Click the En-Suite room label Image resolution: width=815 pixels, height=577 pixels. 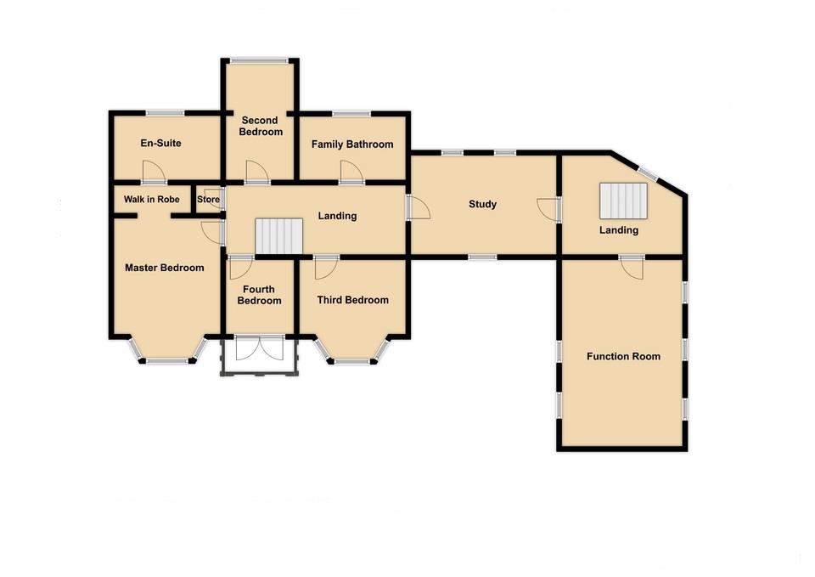[x=160, y=144]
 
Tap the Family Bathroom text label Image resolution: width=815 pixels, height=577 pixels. [x=351, y=144]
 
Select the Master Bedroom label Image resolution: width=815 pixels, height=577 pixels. [x=164, y=268]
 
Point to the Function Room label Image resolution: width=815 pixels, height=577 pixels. [x=623, y=356]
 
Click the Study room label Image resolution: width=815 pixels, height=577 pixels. [x=482, y=204]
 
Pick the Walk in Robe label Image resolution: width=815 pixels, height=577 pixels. [x=151, y=199]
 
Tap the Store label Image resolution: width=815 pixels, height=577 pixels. [x=208, y=200]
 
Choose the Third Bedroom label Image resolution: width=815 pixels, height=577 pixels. [x=352, y=300]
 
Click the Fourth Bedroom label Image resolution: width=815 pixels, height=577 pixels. [x=259, y=295]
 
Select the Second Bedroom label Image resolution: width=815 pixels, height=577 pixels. [x=261, y=126]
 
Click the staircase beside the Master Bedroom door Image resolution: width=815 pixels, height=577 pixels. [x=278, y=235]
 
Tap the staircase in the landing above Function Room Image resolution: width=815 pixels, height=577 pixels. [x=624, y=201]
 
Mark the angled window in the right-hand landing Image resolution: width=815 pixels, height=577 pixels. [x=649, y=173]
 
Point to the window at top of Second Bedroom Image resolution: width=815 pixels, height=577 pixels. [x=260, y=59]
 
